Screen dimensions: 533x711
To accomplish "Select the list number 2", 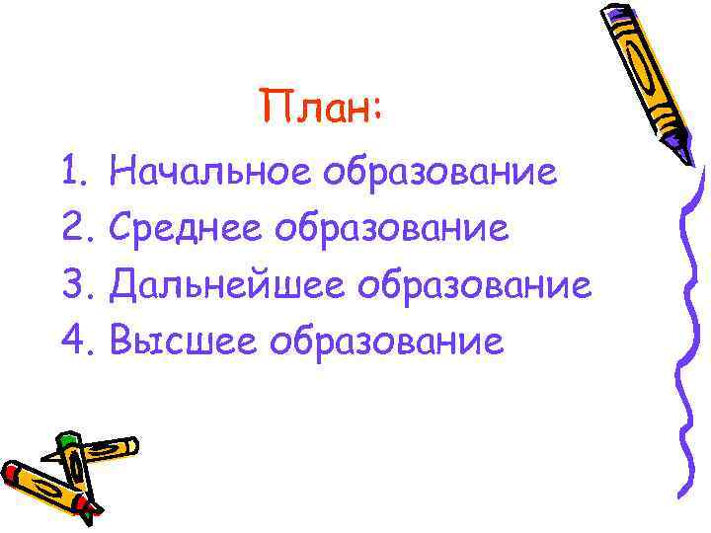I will [75, 230].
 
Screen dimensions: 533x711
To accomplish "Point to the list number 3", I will [75, 286].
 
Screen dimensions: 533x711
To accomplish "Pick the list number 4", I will [75, 342].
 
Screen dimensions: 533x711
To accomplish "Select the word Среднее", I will [187, 230].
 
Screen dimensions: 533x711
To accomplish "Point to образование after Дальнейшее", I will [475, 286].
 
